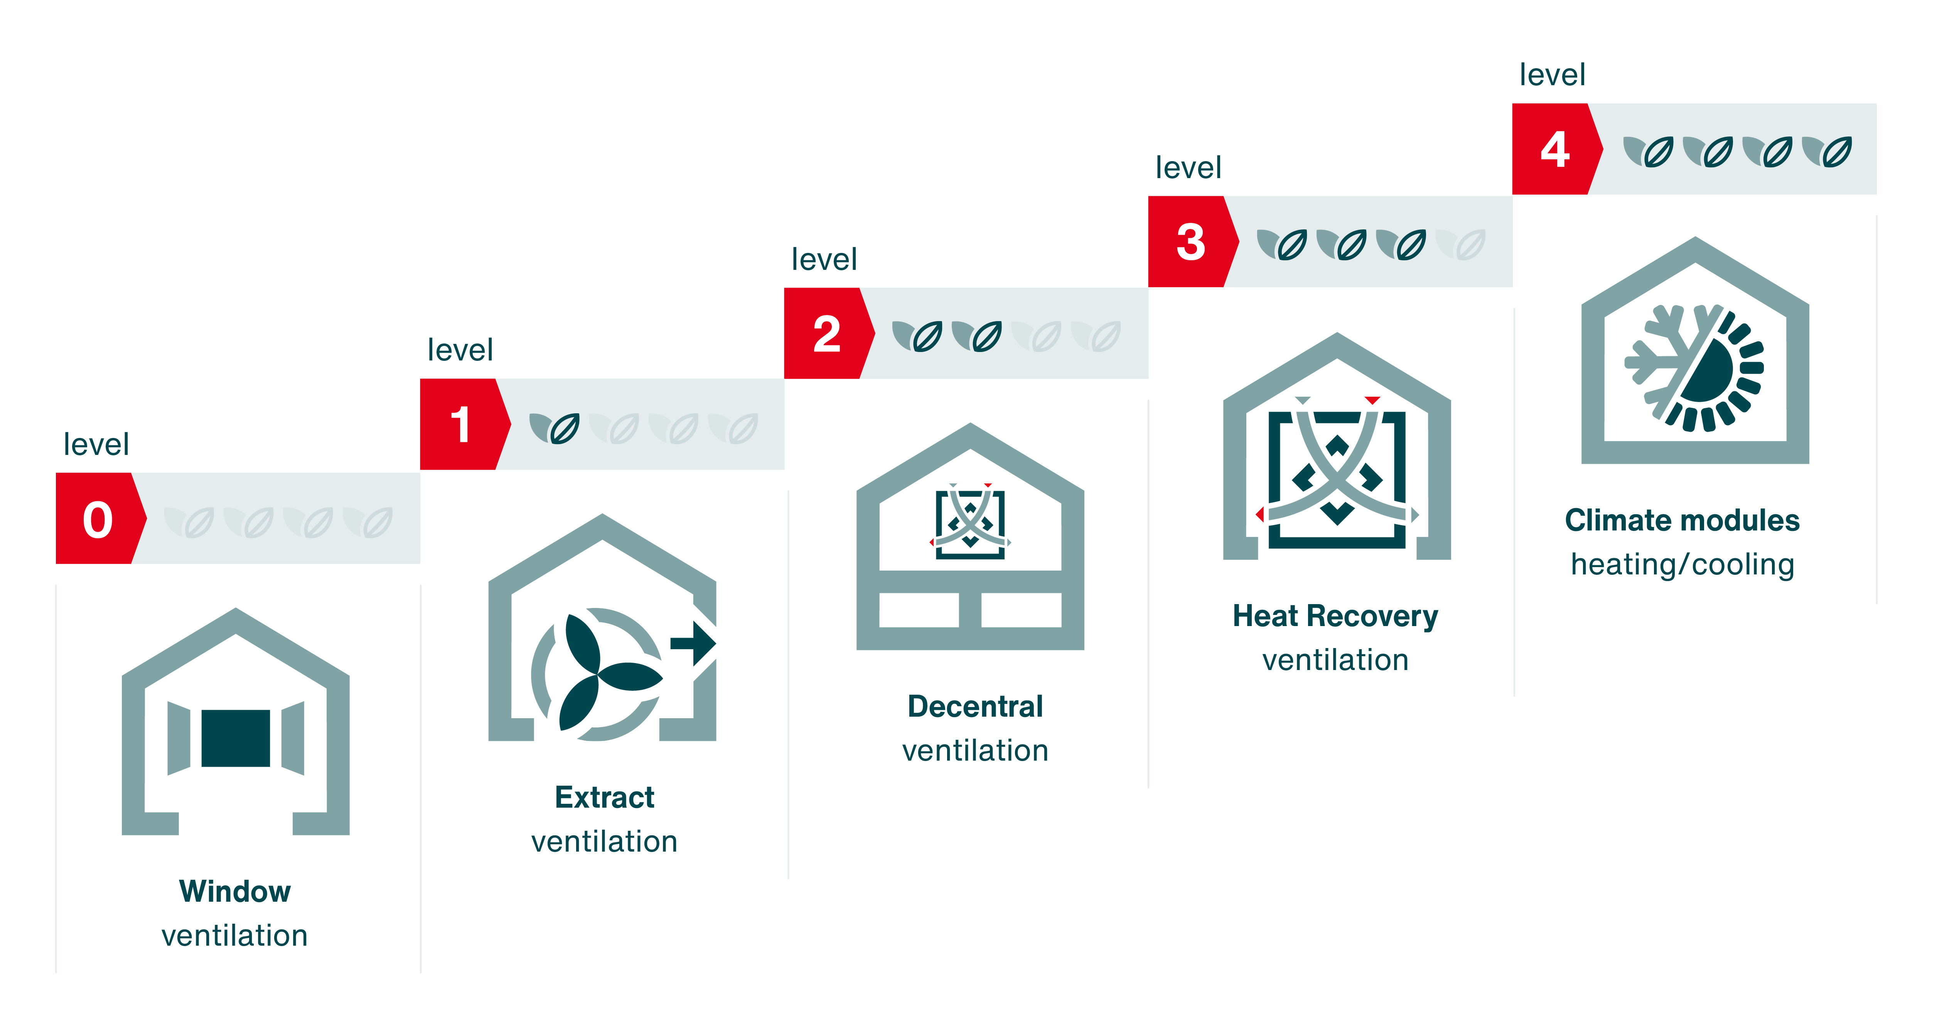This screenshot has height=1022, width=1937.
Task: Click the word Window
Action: [234, 891]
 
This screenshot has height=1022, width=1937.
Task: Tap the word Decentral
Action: [975, 706]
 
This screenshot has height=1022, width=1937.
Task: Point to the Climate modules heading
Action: [1682, 520]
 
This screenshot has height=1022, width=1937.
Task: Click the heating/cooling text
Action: [1682, 564]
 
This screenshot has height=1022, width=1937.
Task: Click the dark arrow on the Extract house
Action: [693, 643]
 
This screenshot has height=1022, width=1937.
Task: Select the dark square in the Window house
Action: [235, 738]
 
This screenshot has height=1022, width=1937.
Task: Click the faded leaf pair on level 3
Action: [1460, 244]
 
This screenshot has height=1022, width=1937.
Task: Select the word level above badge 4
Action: [1552, 75]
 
